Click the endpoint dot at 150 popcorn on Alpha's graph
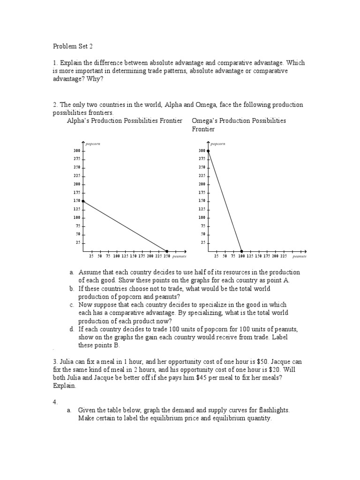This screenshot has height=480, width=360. coord(83,201)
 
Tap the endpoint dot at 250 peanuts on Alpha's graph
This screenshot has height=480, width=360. coord(167,251)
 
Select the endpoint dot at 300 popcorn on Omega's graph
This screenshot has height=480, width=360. coord(208,150)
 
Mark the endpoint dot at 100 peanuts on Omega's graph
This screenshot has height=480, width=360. coord(242,251)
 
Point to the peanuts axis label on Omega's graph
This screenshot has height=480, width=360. coord(300,257)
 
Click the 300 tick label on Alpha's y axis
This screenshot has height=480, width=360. coord(76,150)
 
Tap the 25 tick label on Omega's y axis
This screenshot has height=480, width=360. coord(202,242)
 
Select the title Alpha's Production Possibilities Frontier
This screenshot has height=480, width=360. coord(125,120)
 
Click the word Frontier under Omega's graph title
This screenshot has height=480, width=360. coord(203,129)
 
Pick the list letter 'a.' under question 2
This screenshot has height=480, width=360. coord(71,272)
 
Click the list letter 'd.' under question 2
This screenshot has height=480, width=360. coord(71,330)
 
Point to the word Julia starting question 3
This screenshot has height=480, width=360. coord(67,362)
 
